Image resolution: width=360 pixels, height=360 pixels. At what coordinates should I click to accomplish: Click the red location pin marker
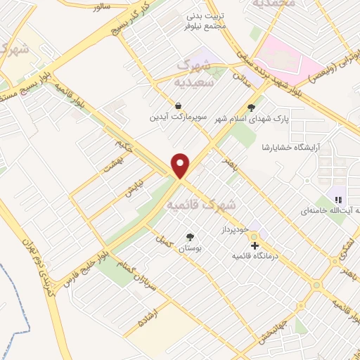point(181,165)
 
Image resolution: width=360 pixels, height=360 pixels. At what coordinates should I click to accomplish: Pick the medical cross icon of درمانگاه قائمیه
point(255,245)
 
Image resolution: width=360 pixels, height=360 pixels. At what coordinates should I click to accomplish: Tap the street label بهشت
point(113,167)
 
